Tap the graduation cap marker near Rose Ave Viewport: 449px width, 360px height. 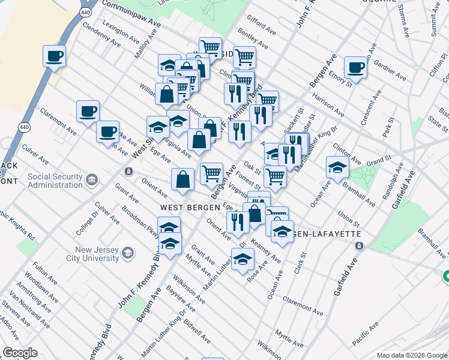[x=243, y=260]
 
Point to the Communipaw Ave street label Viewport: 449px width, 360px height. [x=131, y=11]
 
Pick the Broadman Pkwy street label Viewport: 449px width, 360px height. [x=140, y=223]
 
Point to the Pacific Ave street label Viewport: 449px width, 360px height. [x=366, y=334]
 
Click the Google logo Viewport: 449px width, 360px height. [x=20, y=353]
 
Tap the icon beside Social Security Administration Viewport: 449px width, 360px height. [x=92, y=180]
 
